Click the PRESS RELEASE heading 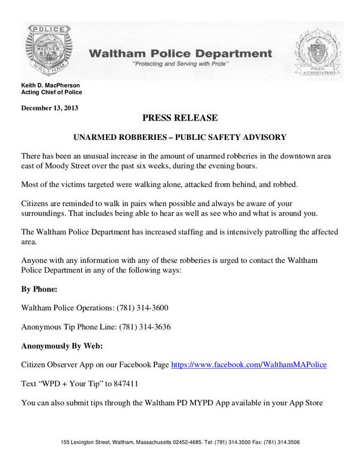[180, 117]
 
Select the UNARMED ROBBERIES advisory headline [180, 137]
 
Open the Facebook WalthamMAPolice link [249, 365]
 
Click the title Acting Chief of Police [52, 93]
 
